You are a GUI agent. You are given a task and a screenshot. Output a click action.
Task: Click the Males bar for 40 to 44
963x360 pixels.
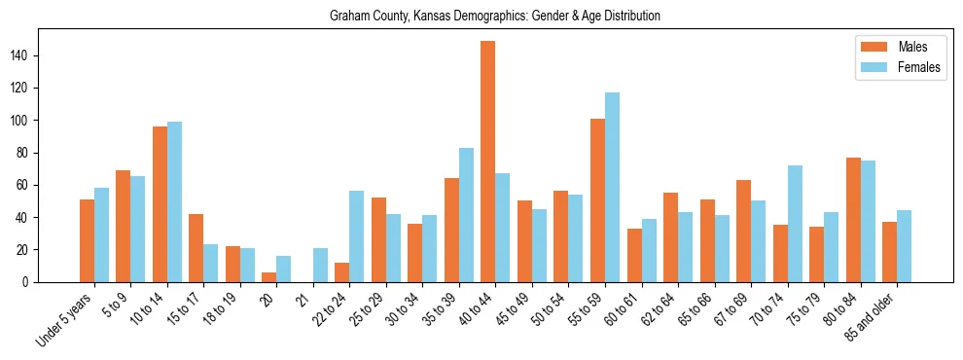pos(488,162)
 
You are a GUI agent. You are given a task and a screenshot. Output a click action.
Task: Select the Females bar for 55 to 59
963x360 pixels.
pos(612,188)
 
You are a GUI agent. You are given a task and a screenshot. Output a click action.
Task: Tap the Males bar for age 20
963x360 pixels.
pos(269,277)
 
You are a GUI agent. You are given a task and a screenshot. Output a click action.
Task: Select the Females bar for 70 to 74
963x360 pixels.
pos(795,224)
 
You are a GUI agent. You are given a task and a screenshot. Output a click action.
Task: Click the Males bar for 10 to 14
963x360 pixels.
pos(160,204)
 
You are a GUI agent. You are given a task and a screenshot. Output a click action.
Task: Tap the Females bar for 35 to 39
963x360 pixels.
pos(466,215)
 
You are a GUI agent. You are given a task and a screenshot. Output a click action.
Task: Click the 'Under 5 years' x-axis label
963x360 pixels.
pos(65,317)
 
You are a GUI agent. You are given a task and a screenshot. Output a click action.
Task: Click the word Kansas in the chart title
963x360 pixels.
pos(423,17)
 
